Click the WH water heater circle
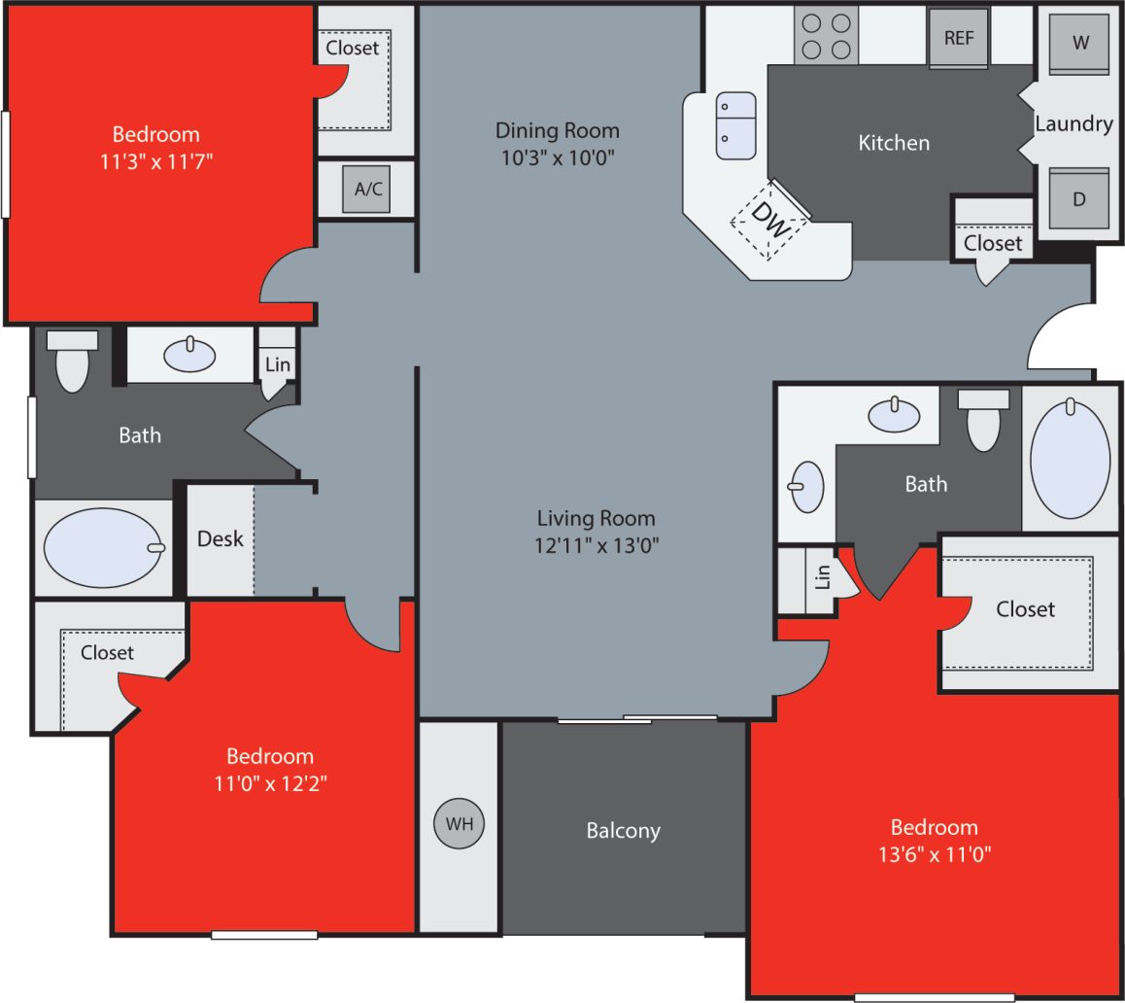point(459,823)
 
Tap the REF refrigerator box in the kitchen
point(958,39)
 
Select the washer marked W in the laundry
point(1079,44)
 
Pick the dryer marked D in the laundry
point(1078,199)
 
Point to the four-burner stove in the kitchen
point(826,35)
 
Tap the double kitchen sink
point(735,125)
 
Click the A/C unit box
point(367,190)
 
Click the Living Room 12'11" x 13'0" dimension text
point(597,545)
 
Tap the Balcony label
point(623,831)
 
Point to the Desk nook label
point(220,538)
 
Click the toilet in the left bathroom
point(72,362)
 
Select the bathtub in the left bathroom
point(104,547)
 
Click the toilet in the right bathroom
point(983,420)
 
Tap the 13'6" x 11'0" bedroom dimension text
point(934,854)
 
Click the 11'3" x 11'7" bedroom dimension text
point(155,160)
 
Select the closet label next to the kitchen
point(993,243)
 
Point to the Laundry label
point(1074,124)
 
